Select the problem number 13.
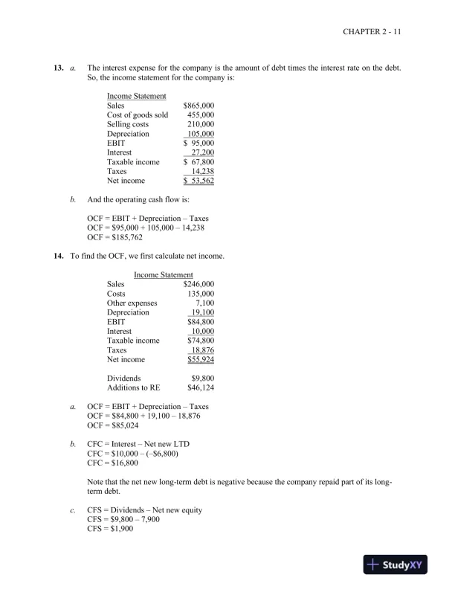point(58,68)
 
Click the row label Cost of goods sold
point(138,115)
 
